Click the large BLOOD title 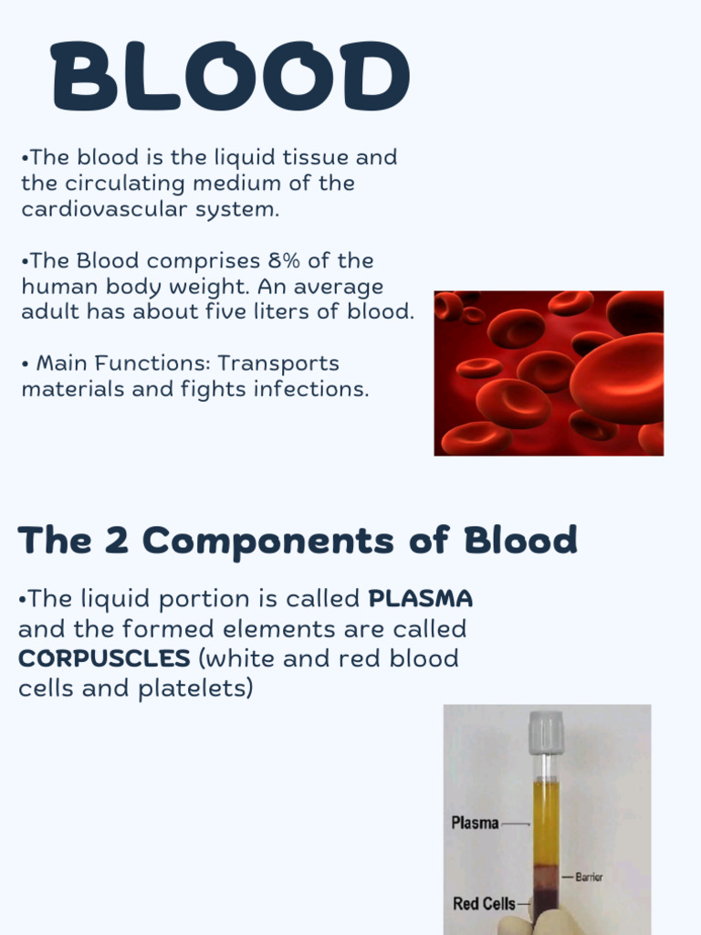[x=229, y=78]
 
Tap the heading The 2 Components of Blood [x=298, y=541]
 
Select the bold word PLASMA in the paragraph [x=420, y=599]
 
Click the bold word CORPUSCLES [x=104, y=658]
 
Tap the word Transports [x=278, y=363]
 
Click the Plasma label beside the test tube [x=475, y=823]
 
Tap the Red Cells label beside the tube [x=484, y=904]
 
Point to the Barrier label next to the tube [x=589, y=877]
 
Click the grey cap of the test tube [x=546, y=732]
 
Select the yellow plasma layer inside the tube [x=546, y=822]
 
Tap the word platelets [x=194, y=688]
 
